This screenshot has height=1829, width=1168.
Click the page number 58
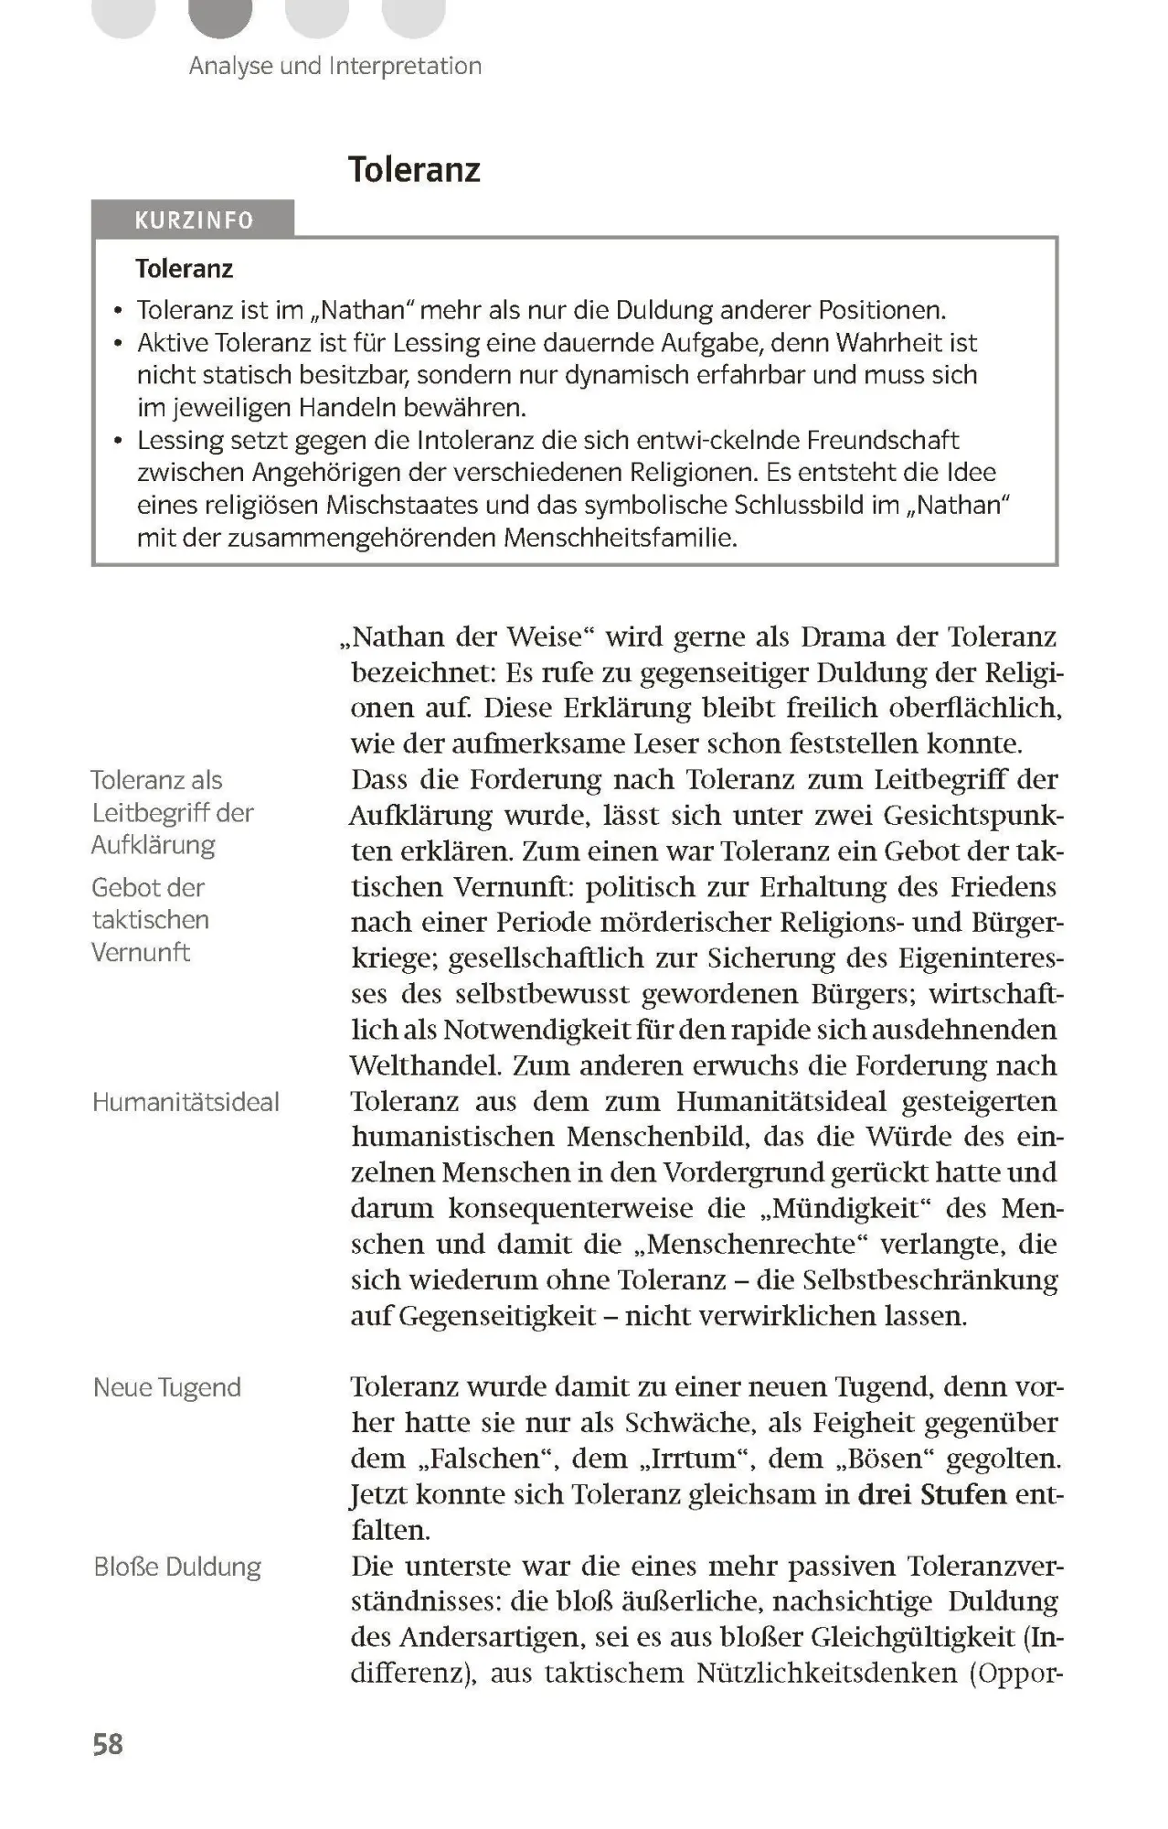pos(107,1744)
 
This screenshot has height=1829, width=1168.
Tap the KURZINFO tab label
pos(193,220)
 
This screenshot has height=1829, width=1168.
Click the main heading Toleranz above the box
pos(414,170)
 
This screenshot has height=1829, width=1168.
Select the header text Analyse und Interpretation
pos(334,66)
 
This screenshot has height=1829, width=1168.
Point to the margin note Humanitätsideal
pos(186,1102)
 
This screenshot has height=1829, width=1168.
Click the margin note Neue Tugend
pos(167,1387)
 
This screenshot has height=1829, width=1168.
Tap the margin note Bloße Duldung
pos(177,1567)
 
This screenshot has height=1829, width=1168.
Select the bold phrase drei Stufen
pos(931,1494)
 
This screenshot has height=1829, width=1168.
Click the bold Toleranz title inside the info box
pos(184,269)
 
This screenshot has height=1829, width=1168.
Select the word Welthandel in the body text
pos(425,1066)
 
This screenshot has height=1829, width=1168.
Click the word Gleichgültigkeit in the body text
pos(913,1637)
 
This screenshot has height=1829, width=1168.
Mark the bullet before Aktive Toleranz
pos(118,344)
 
